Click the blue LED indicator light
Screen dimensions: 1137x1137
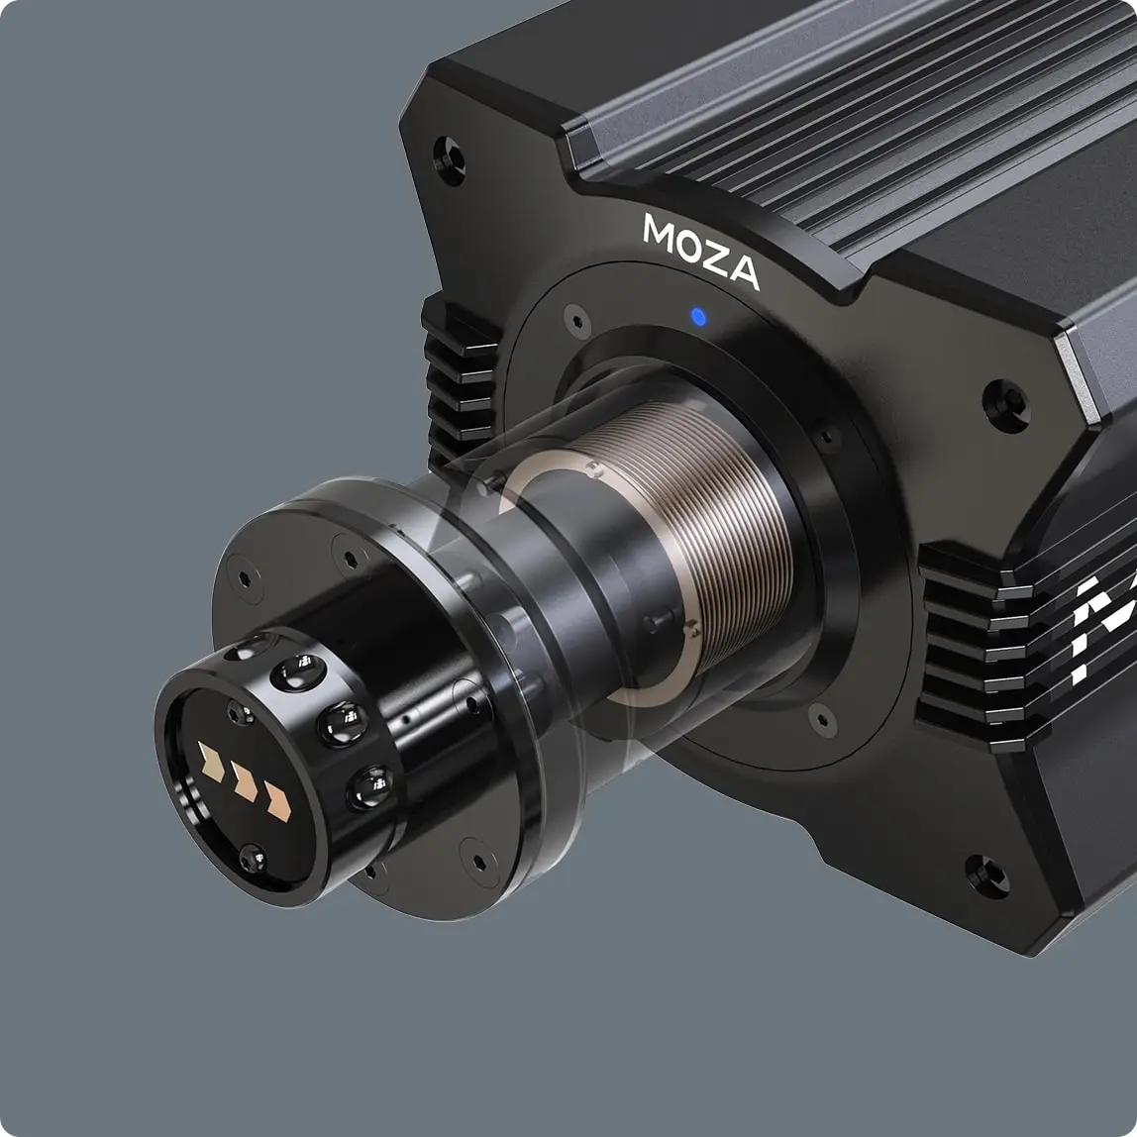698,317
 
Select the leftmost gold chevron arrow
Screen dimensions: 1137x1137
211,761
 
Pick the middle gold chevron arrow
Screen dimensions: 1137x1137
245,782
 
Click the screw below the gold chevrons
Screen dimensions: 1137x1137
252,857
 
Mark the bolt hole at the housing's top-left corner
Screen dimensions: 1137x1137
449,159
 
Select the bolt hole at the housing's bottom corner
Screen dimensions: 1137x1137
988,876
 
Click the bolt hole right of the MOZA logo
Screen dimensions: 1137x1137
1006,405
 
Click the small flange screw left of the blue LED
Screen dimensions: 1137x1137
577,320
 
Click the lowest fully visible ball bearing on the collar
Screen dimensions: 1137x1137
370,787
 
